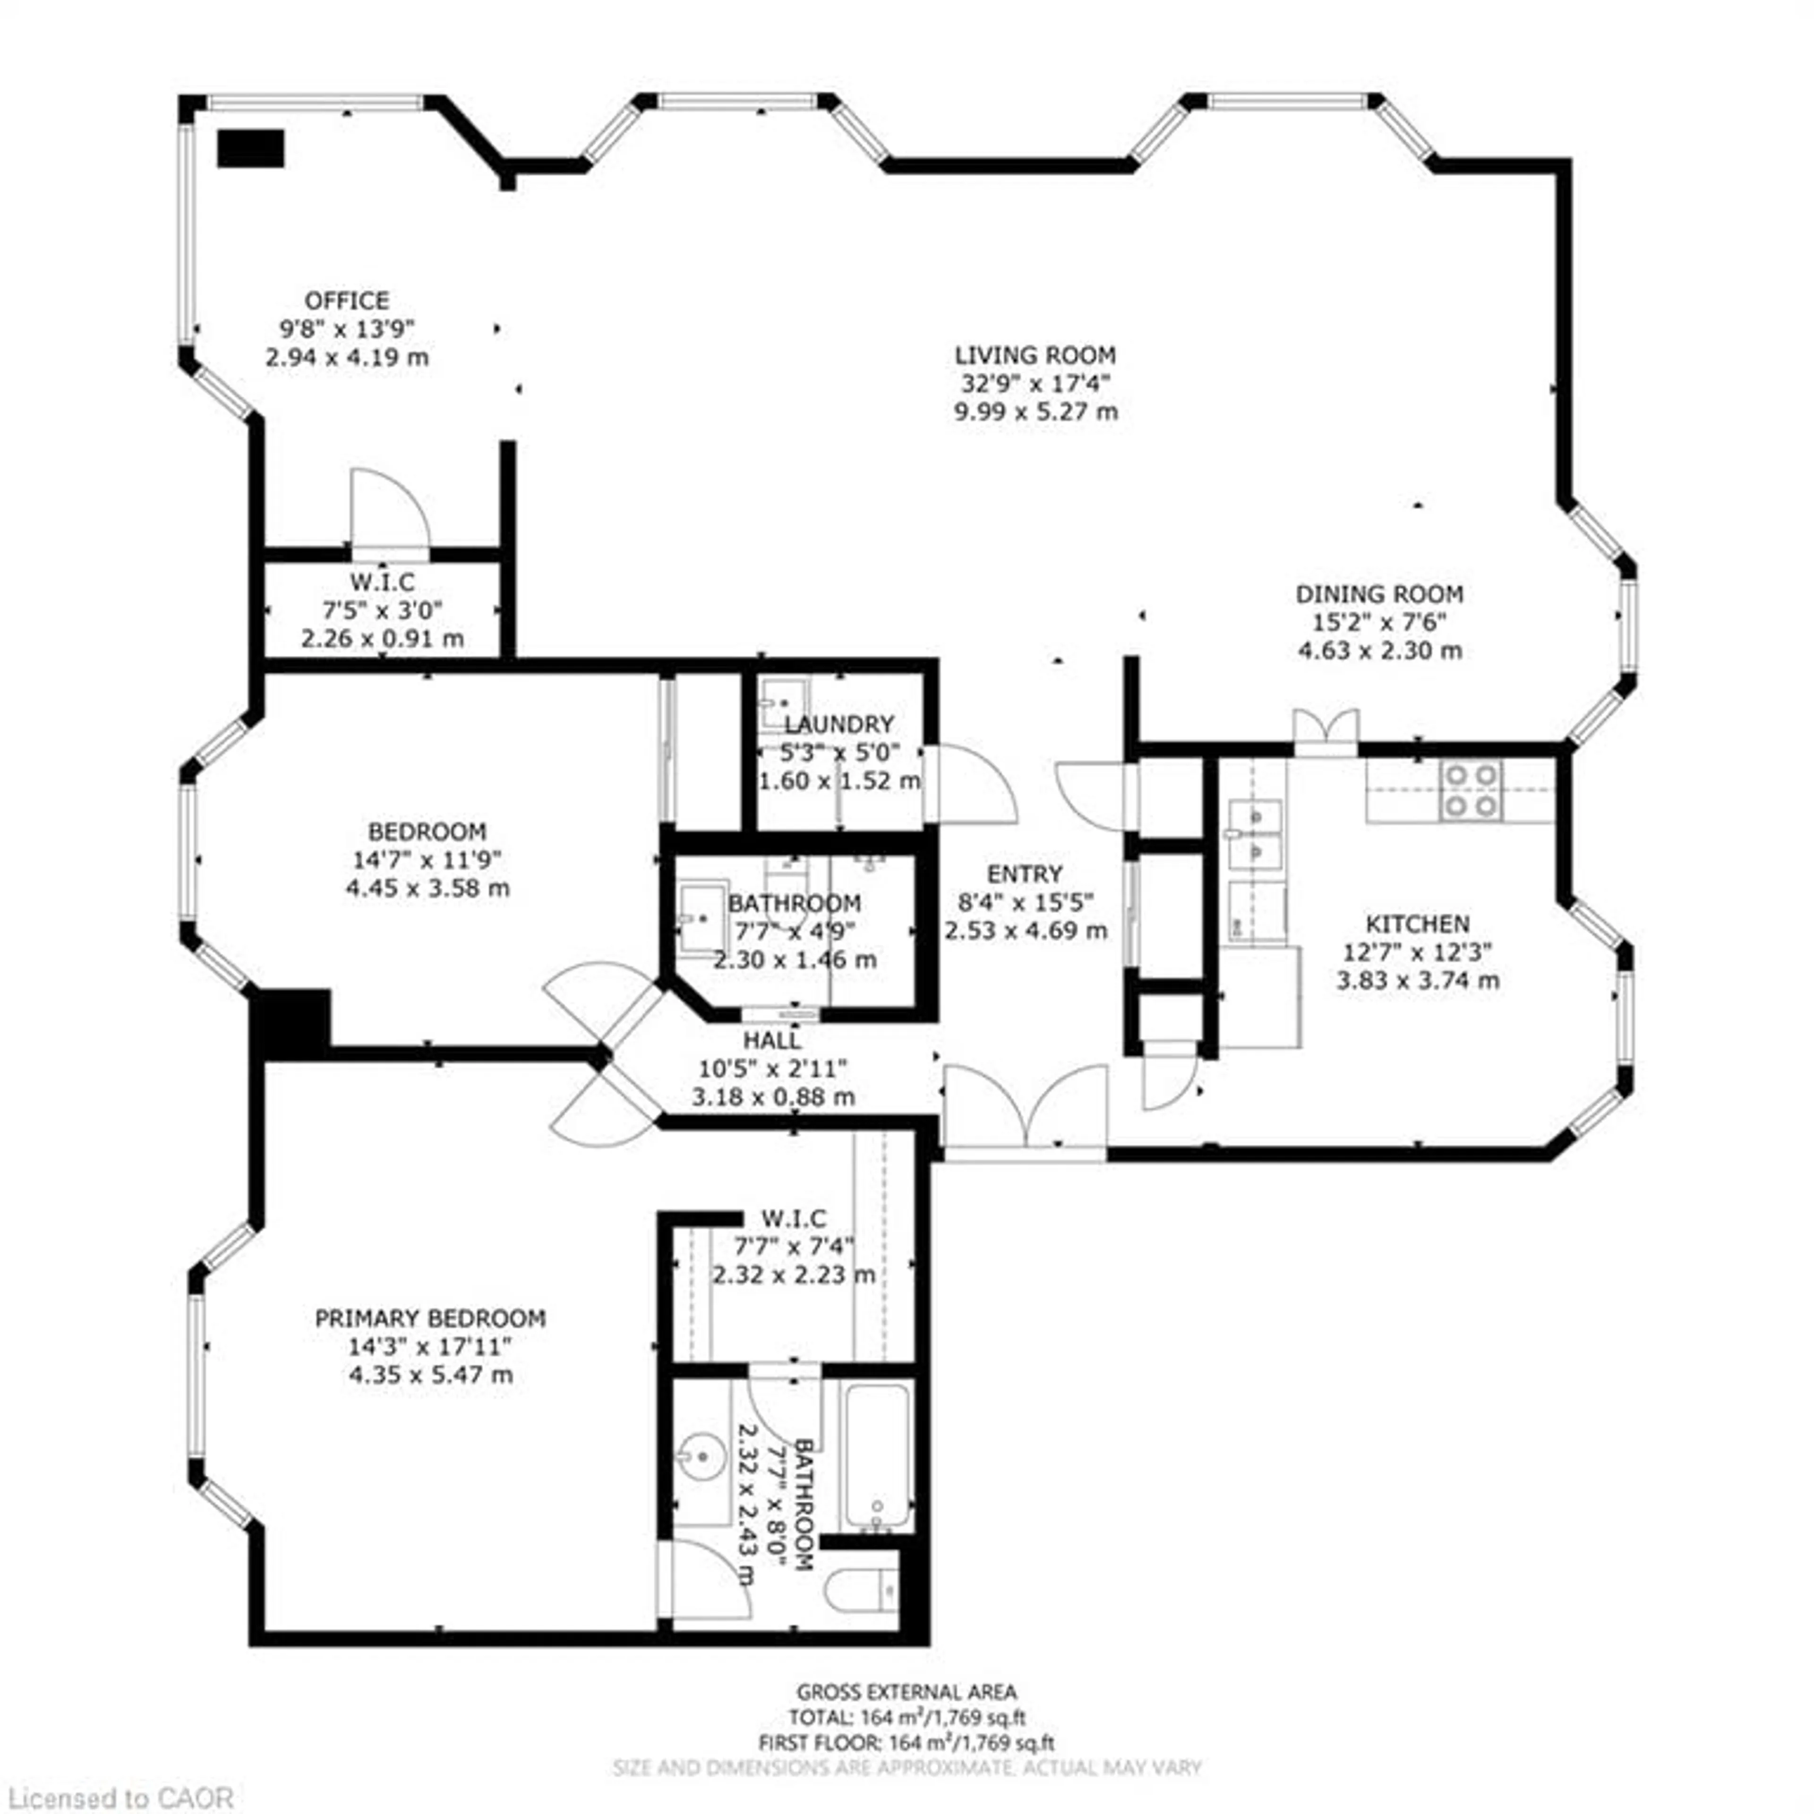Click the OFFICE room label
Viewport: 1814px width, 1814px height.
click(346, 300)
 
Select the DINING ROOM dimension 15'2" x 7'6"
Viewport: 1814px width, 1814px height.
click(1379, 622)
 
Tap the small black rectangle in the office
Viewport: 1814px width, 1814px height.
click(251, 148)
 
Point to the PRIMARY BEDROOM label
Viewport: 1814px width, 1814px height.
click(430, 1318)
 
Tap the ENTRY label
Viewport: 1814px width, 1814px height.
click(1024, 873)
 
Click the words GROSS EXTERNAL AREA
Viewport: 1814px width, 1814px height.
click(906, 1692)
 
